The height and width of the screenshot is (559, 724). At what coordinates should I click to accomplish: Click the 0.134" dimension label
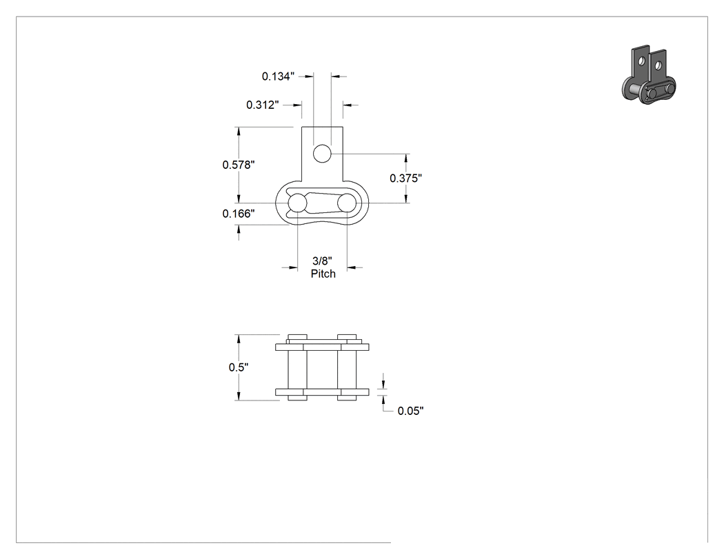(x=278, y=76)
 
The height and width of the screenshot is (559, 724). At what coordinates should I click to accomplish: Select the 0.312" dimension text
(x=262, y=105)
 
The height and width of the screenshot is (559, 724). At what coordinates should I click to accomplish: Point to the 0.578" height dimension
(x=239, y=165)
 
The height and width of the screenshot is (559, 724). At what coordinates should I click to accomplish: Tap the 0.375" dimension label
(x=406, y=179)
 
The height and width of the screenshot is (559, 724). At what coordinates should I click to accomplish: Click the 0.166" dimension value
(x=239, y=213)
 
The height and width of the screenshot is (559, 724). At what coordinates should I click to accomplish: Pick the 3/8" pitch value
(x=322, y=261)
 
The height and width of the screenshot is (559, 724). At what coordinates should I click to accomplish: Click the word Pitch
(x=323, y=274)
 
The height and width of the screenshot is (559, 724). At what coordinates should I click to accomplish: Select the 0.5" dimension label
(x=239, y=367)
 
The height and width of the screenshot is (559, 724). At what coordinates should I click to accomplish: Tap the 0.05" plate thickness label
(x=410, y=411)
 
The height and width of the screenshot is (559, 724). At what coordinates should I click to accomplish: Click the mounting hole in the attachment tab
(x=322, y=154)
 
